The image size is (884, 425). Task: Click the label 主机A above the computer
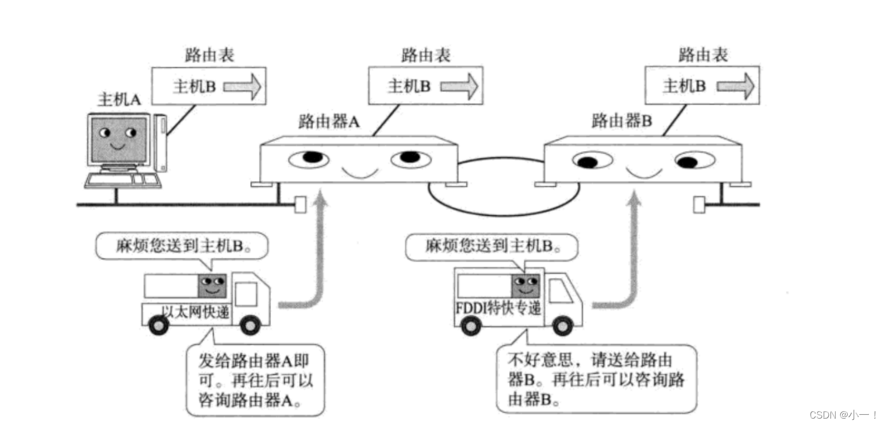point(119,99)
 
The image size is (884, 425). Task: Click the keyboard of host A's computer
point(123,180)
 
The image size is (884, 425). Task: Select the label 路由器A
point(329,122)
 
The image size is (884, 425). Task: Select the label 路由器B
point(622,121)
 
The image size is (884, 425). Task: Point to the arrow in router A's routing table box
point(459,86)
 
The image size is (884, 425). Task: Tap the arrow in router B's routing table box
point(735,86)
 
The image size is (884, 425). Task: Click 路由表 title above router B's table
point(702,55)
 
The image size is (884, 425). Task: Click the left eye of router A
point(309,158)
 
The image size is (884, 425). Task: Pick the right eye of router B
point(694,161)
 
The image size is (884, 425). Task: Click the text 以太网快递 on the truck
point(195,312)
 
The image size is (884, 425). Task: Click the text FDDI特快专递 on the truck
point(498,308)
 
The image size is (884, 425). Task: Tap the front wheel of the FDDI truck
point(562,325)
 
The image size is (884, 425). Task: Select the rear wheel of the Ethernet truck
point(159,325)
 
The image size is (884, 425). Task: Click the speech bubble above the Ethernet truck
point(182,246)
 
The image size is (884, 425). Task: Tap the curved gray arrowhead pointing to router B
point(634,199)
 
